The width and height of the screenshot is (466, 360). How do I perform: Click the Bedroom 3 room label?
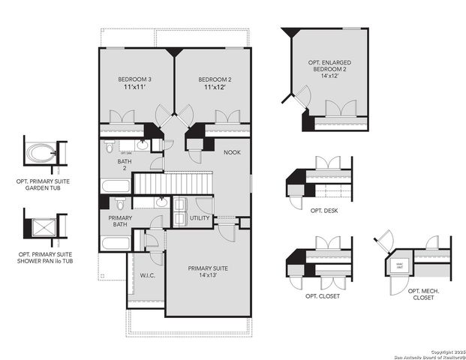(x=135, y=83)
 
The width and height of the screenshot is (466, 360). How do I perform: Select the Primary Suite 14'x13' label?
(x=206, y=271)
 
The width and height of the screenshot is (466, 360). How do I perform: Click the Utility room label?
(x=200, y=218)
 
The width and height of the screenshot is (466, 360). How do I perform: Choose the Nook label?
(x=233, y=152)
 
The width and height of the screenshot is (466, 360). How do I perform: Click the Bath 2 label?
(x=125, y=164)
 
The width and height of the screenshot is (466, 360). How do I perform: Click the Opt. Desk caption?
(x=323, y=211)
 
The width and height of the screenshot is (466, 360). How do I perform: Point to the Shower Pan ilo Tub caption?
(x=46, y=259)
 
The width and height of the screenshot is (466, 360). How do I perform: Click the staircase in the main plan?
(x=173, y=184)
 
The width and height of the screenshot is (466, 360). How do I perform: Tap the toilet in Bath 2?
(x=110, y=146)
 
